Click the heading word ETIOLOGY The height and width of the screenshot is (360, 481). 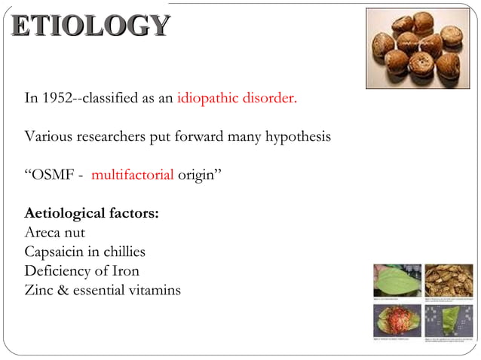click(x=90, y=26)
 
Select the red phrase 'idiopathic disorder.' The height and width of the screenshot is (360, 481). click(x=237, y=99)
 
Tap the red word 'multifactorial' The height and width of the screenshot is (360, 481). click(x=133, y=175)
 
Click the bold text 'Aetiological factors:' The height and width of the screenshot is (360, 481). click(x=91, y=213)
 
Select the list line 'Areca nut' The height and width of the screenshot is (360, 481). click(x=54, y=232)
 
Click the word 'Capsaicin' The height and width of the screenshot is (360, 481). click(x=55, y=252)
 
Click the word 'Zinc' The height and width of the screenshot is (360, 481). click(x=39, y=290)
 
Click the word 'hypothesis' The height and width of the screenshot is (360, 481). click(x=296, y=137)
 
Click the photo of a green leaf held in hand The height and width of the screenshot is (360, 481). click(x=397, y=280)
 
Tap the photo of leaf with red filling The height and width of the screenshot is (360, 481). click(x=397, y=321)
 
